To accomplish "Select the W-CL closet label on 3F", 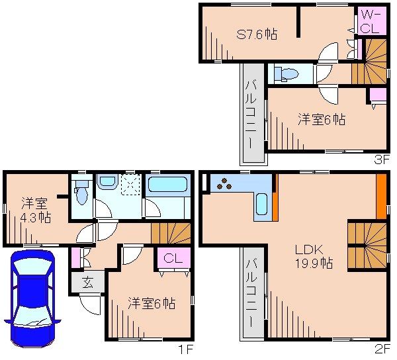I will (369, 21).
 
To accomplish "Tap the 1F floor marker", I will (179, 346).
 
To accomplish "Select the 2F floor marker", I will (383, 346).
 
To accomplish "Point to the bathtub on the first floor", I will (168, 184).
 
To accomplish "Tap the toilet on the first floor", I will (81, 191).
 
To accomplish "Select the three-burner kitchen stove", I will (224, 183).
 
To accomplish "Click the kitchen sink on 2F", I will (261, 205).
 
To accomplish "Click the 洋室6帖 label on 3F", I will (321, 120).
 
